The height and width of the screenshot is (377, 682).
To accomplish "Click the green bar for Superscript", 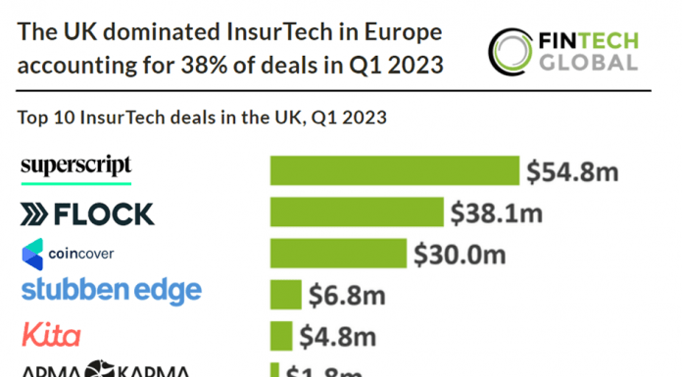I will point(394,169).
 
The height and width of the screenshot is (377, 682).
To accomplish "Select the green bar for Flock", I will point(356,212).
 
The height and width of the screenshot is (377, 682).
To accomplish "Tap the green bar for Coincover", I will point(338,254).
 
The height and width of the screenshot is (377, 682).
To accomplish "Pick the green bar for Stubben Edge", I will point(285,294).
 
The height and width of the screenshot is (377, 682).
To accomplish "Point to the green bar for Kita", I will point(281,335).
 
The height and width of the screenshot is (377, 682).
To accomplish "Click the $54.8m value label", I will point(572,171).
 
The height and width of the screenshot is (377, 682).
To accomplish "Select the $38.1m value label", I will point(496,212).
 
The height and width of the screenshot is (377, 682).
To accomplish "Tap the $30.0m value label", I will point(460,255).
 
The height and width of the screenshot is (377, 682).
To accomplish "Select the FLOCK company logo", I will point(87,213).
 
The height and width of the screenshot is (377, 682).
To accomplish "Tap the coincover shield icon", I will point(32,254).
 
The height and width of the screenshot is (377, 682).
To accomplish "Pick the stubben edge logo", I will point(111,291).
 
